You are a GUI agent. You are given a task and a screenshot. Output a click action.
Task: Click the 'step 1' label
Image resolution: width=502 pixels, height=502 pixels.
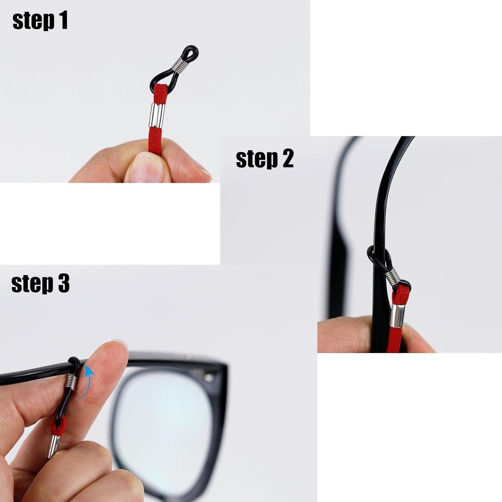[40, 21]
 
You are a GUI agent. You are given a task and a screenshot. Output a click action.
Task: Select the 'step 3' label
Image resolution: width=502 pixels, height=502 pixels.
[40, 284]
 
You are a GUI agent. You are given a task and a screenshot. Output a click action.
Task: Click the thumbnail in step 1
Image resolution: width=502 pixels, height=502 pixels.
[142, 167]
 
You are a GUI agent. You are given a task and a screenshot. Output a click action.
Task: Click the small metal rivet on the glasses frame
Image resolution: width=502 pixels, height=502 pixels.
[209, 378]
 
